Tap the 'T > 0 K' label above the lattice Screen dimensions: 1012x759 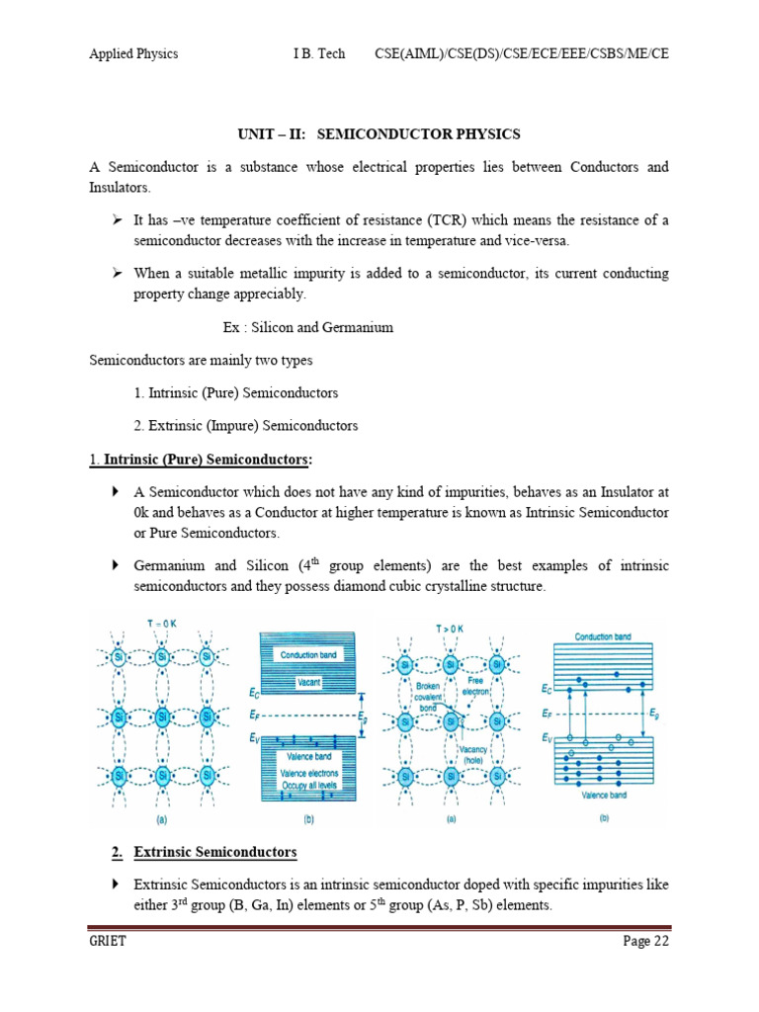450,628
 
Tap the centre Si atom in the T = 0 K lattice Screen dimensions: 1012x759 162,716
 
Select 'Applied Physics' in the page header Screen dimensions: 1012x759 133,53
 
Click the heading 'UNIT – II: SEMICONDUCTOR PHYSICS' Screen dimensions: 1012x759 379,133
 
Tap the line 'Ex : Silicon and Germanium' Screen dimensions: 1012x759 308,327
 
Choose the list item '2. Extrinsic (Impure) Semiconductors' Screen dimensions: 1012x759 246,426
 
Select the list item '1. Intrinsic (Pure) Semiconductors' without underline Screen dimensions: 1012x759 236,392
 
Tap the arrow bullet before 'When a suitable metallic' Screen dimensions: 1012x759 116,273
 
